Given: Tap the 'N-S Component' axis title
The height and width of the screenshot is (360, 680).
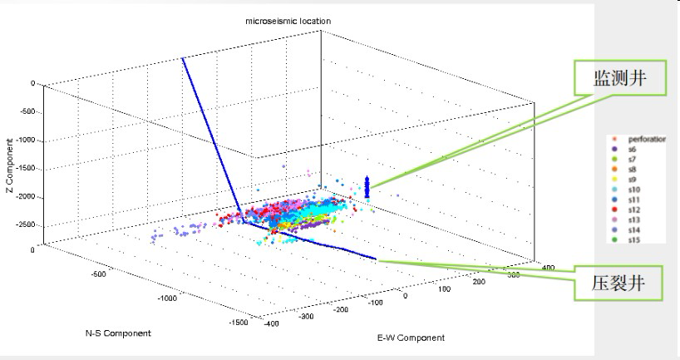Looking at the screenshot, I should [118, 333].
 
